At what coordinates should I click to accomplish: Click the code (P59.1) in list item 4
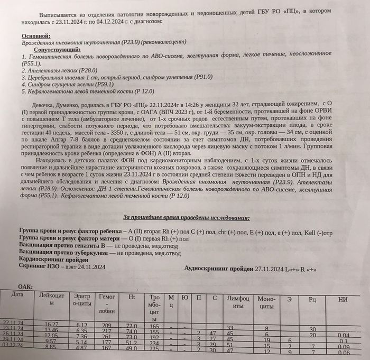point(101,84)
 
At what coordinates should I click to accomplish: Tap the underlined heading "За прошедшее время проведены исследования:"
point(187,218)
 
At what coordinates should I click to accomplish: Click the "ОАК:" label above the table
point(26,286)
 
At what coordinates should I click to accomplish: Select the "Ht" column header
point(131,298)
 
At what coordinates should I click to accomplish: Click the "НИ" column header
point(343,299)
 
